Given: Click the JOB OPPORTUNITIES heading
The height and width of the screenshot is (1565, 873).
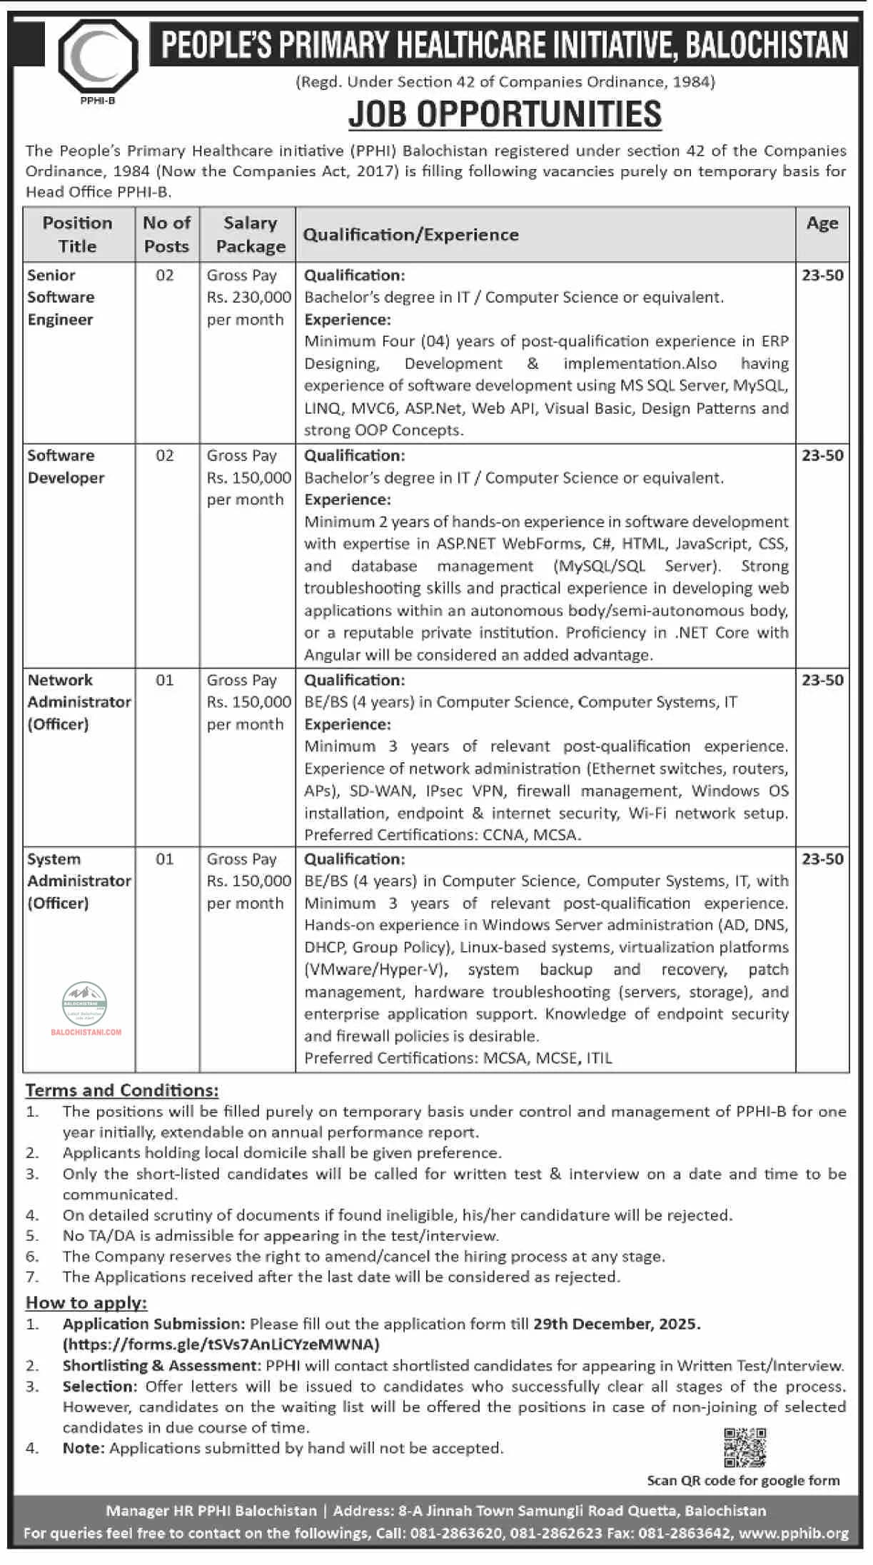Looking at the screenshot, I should [505, 114].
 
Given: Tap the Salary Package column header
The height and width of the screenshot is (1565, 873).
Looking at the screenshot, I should [250, 234].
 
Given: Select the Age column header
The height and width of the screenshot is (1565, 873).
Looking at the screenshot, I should [822, 223].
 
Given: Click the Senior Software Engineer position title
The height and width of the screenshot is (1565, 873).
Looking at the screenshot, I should [61, 297].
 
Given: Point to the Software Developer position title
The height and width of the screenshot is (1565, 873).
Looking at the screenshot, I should [66, 467].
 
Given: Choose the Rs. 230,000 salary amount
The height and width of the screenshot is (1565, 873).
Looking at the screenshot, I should [249, 297].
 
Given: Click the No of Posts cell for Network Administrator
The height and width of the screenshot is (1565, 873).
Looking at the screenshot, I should [165, 680].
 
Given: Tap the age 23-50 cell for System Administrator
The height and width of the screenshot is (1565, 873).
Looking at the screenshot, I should [822, 859].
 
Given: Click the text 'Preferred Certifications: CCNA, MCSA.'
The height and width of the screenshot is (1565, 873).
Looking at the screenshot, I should [443, 835].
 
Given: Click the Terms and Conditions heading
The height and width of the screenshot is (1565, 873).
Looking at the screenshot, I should [122, 1090].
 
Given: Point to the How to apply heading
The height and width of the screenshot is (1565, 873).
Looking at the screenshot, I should [86, 1302].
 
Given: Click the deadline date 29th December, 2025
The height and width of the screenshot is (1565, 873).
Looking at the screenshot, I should [616, 1324].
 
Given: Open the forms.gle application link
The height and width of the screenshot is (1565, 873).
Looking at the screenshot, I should [221, 1344].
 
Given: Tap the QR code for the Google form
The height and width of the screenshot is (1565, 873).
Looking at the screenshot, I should [745, 1447].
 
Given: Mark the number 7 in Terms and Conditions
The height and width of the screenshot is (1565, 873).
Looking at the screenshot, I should [32, 1277].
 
